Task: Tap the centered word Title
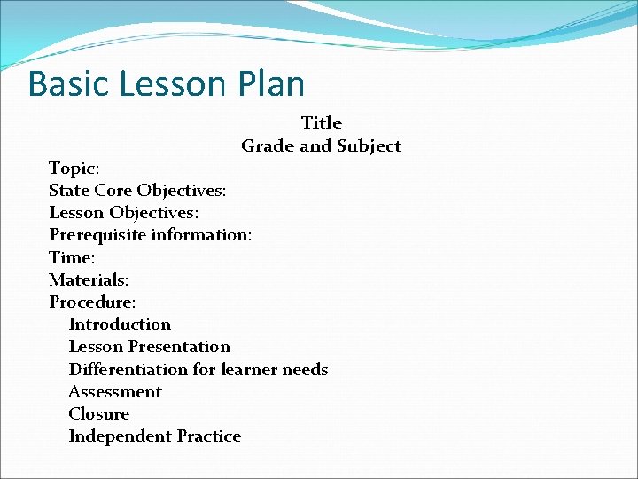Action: click(x=321, y=122)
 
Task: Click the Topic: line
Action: click(x=74, y=169)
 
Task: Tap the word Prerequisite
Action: click(x=97, y=235)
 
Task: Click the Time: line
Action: click(x=72, y=257)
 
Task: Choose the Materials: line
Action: click(x=89, y=279)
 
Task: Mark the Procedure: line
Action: click(x=92, y=302)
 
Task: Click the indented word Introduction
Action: click(x=120, y=325)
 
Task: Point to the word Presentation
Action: click(x=179, y=347)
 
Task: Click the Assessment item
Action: click(x=115, y=391)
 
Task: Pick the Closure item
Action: click(x=98, y=413)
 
